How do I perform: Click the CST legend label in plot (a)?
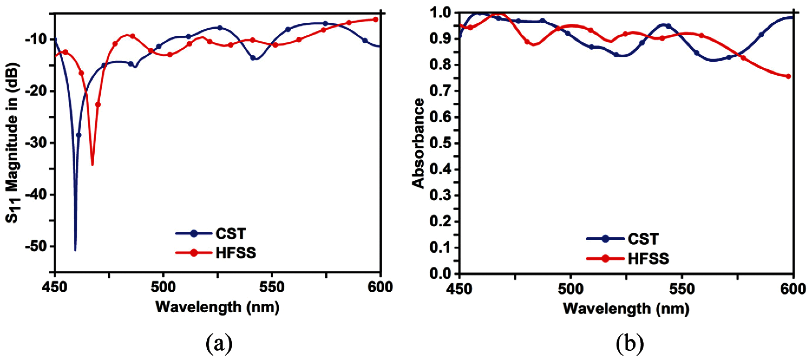(x=230, y=234)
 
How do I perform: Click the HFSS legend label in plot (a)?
(x=236, y=253)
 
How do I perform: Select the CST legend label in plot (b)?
(x=643, y=239)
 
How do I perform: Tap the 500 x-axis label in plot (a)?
(x=163, y=287)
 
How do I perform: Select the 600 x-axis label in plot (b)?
(x=793, y=289)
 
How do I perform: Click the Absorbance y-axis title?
(x=419, y=143)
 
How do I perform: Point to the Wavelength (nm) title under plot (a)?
(x=218, y=307)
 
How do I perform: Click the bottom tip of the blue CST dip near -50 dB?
(x=75, y=250)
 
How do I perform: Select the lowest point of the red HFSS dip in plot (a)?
(x=92, y=165)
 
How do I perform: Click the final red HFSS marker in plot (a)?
(x=375, y=19)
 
